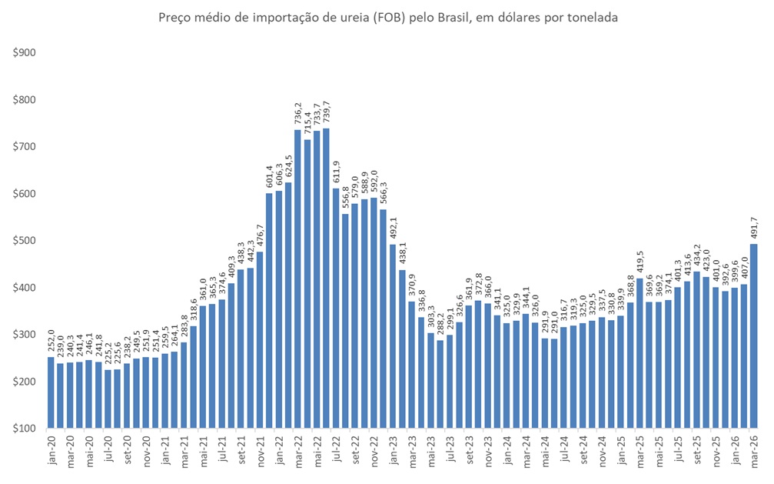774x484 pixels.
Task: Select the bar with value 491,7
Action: coord(754,335)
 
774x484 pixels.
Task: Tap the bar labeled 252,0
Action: coord(51,392)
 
